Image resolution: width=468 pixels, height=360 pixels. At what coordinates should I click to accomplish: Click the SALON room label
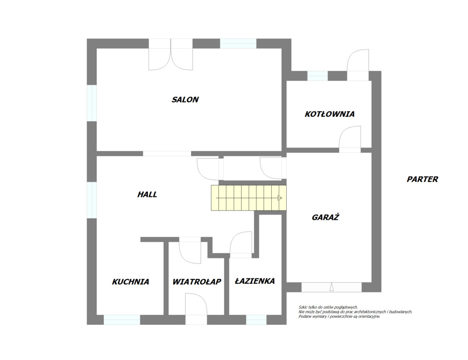click(x=185, y=99)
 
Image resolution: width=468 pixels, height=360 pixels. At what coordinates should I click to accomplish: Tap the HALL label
click(x=147, y=195)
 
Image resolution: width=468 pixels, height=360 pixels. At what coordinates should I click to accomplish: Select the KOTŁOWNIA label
click(x=329, y=114)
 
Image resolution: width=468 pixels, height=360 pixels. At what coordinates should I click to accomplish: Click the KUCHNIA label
click(x=130, y=282)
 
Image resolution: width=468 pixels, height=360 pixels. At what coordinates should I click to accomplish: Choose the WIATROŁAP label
click(x=197, y=282)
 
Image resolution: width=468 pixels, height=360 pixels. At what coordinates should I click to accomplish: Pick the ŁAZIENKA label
click(x=254, y=281)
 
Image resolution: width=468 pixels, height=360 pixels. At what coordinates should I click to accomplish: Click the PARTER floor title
click(x=423, y=179)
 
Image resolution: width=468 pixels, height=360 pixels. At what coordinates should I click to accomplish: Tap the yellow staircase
click(x=249, y=198)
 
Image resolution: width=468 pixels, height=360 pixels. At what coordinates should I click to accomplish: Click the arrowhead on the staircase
click(x=280, y=198)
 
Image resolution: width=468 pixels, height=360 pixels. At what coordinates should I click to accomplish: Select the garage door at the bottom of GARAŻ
click(x=331, y=287)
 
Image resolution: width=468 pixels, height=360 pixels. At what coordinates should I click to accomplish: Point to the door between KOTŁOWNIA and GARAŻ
click(x=350, y=139)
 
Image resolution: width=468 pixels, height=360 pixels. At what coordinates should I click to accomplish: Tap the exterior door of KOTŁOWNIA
click(x=358, y=65)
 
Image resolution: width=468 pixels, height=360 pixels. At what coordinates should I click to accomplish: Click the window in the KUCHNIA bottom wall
click(x=122, y=320)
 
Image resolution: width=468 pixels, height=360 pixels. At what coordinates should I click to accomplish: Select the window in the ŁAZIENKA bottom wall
click(x=256, y=320)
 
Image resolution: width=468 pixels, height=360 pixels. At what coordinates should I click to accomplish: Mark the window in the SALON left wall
click(x=92, y=103)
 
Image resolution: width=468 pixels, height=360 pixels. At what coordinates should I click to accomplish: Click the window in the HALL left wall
click(x=92, y=200)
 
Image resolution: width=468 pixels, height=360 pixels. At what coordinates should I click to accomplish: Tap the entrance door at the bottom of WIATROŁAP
click(x=196, y=308)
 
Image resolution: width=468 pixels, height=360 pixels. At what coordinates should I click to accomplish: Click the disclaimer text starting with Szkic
click(x=355, y=312)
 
